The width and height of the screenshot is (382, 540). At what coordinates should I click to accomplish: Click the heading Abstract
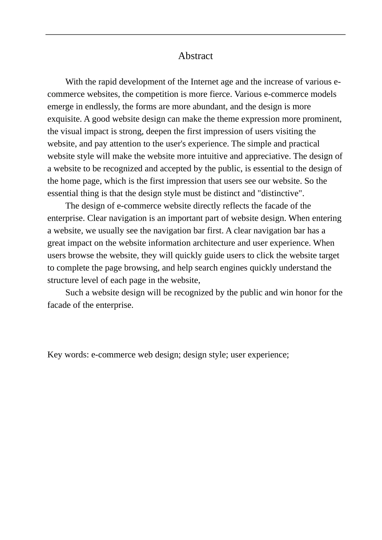[x=195, y=56]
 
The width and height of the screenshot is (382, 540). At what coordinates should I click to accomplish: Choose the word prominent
[x=322, y=119]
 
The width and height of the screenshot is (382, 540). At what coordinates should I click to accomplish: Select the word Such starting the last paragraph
[x=74, y=292]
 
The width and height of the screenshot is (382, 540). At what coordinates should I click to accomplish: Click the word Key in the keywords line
[x=54, y=355]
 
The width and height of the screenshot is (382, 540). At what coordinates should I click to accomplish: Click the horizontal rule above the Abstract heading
[x=195, y=35]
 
